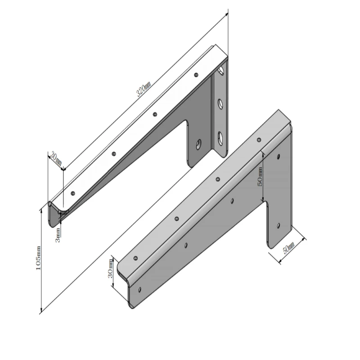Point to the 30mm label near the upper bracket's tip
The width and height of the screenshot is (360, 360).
[56, 159]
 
